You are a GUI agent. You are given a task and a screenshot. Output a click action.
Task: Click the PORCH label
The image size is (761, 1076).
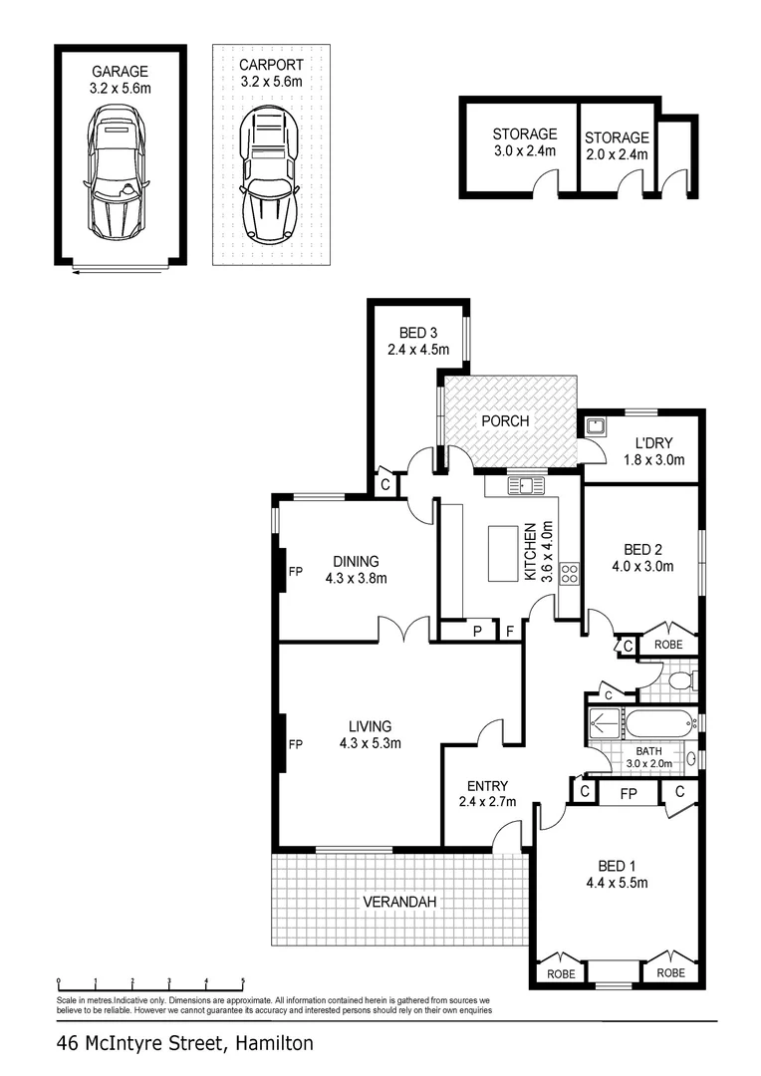(505, 421)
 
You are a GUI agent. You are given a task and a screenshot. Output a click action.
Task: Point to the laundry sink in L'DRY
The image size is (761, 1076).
(596, 427)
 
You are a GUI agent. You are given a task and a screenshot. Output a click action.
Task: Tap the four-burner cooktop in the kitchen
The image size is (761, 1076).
(571, 573)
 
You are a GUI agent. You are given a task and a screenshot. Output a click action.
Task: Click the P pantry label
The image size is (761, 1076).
(477, 631)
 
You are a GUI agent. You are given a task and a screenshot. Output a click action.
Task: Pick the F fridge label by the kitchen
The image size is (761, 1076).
(509, 631)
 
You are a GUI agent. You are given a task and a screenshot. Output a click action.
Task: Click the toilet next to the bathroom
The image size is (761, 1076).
(681, 681)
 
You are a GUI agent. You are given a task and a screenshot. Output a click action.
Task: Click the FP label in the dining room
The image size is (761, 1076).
(295, 572)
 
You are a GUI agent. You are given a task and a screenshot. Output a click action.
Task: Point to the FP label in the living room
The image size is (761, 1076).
(295, 743)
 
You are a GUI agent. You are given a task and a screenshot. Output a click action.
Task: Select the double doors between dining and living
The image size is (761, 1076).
(404, 630)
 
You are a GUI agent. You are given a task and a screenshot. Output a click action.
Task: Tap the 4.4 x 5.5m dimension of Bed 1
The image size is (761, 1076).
(617, 883)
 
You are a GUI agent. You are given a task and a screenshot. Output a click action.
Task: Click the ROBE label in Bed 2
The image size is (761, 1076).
(668, 646)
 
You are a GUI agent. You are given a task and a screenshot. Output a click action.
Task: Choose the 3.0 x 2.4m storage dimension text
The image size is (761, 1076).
(524, 151)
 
